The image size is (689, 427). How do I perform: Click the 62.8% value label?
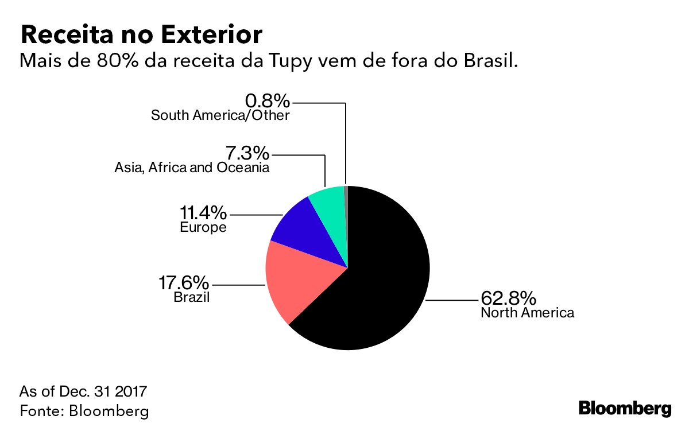tap(508, 298)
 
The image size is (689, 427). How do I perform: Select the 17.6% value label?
tap(184, 283)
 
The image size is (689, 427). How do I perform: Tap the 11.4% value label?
tap(203, 214)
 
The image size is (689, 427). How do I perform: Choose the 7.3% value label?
tap(247, 153)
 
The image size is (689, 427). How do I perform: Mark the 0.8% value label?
tap(268, 102)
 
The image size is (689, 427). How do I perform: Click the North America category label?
tap(527, 313)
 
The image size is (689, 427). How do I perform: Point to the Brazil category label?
tap(191, 297)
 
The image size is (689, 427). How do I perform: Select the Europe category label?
tap(203, 228)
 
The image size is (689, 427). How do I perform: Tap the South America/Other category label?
tap(220, 115)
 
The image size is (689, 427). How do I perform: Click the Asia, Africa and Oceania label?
tap(192, 168)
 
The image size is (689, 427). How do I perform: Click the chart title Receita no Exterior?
tap(141, 34)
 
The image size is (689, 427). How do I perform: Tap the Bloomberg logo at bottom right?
tap(625, 409)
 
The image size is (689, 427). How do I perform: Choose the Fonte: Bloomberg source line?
tap(84, 411)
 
